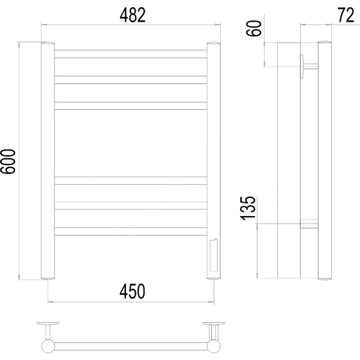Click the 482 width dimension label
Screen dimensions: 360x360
point(133,15)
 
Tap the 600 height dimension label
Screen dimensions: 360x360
point(8,161)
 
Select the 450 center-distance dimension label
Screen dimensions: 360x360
point(132,291)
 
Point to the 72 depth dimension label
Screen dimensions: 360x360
point(346,15)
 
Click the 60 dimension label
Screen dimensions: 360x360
point(253,28)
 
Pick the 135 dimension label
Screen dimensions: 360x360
point(248,208)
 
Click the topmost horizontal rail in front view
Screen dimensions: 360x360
point(131,54)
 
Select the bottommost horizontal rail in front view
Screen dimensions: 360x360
point(131,232)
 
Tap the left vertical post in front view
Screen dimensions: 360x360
point(48,160)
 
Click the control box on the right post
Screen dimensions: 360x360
point(214,255)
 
